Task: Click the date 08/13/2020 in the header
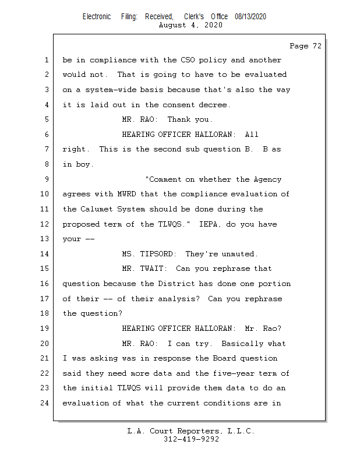(x=250, y=17)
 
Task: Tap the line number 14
(x=46, y=254)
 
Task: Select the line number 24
(x=46, y=403)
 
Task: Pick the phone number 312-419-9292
(x=191, y=439)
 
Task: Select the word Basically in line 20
(x=242, y=344)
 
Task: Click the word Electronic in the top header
(x=97, y=17)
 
